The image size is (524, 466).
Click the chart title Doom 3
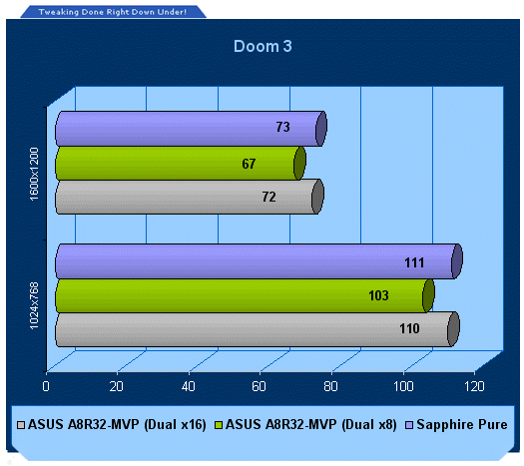[262, 46]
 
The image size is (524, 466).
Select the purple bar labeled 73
[192, 129]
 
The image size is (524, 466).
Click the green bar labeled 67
[181, 164]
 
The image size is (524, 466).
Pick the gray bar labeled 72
[190, 197]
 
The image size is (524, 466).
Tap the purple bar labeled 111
[259, 261]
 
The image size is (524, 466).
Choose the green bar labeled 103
[245, 296]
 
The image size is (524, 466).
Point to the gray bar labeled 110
[258, 329]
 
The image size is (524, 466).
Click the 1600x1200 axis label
[34, 174]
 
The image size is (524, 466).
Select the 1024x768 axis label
[34, 305]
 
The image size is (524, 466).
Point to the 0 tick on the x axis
[46, 386]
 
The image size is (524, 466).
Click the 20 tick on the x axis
[117, 386]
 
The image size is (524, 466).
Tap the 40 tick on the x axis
[189, 386]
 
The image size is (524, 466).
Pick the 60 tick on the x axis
[259, 386]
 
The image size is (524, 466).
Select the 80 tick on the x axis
[330, 386]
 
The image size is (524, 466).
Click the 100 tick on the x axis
[403, 386]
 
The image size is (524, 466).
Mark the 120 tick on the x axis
[474, 386]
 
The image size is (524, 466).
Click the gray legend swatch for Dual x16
[21, 425]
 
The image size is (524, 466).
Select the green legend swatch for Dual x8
[219, 425]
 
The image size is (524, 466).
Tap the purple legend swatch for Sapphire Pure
[409, 425]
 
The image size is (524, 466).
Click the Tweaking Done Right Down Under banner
[113, 12]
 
